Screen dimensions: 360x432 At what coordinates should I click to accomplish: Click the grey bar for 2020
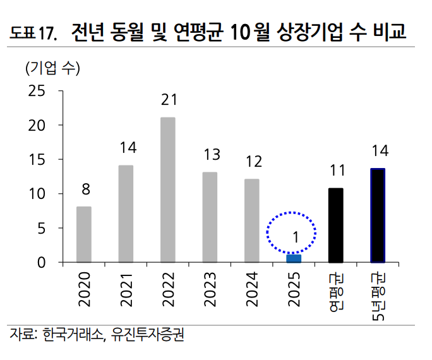pos(83,234)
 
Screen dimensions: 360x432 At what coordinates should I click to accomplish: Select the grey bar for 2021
pos(126,213)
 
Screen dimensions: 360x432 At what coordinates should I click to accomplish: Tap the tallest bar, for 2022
pos(167,189)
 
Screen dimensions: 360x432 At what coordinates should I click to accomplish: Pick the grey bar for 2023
pos(210,217)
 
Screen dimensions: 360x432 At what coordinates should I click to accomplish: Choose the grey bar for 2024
pos(251,220)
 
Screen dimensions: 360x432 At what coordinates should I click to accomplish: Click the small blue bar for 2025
pos(294,258)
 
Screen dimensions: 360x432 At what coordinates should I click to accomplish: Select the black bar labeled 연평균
pos(335,225)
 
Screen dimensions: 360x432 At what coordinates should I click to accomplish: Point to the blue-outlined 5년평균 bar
pos(378,215)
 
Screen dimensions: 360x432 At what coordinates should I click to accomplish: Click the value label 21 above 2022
pos(168,100)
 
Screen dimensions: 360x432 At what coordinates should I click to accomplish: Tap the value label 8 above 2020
pos(84,189)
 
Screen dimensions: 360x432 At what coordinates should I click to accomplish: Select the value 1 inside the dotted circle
pos(295,237)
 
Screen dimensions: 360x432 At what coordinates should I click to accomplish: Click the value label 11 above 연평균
pos(336,170)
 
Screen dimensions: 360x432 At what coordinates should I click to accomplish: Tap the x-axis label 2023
pos(210,289)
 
